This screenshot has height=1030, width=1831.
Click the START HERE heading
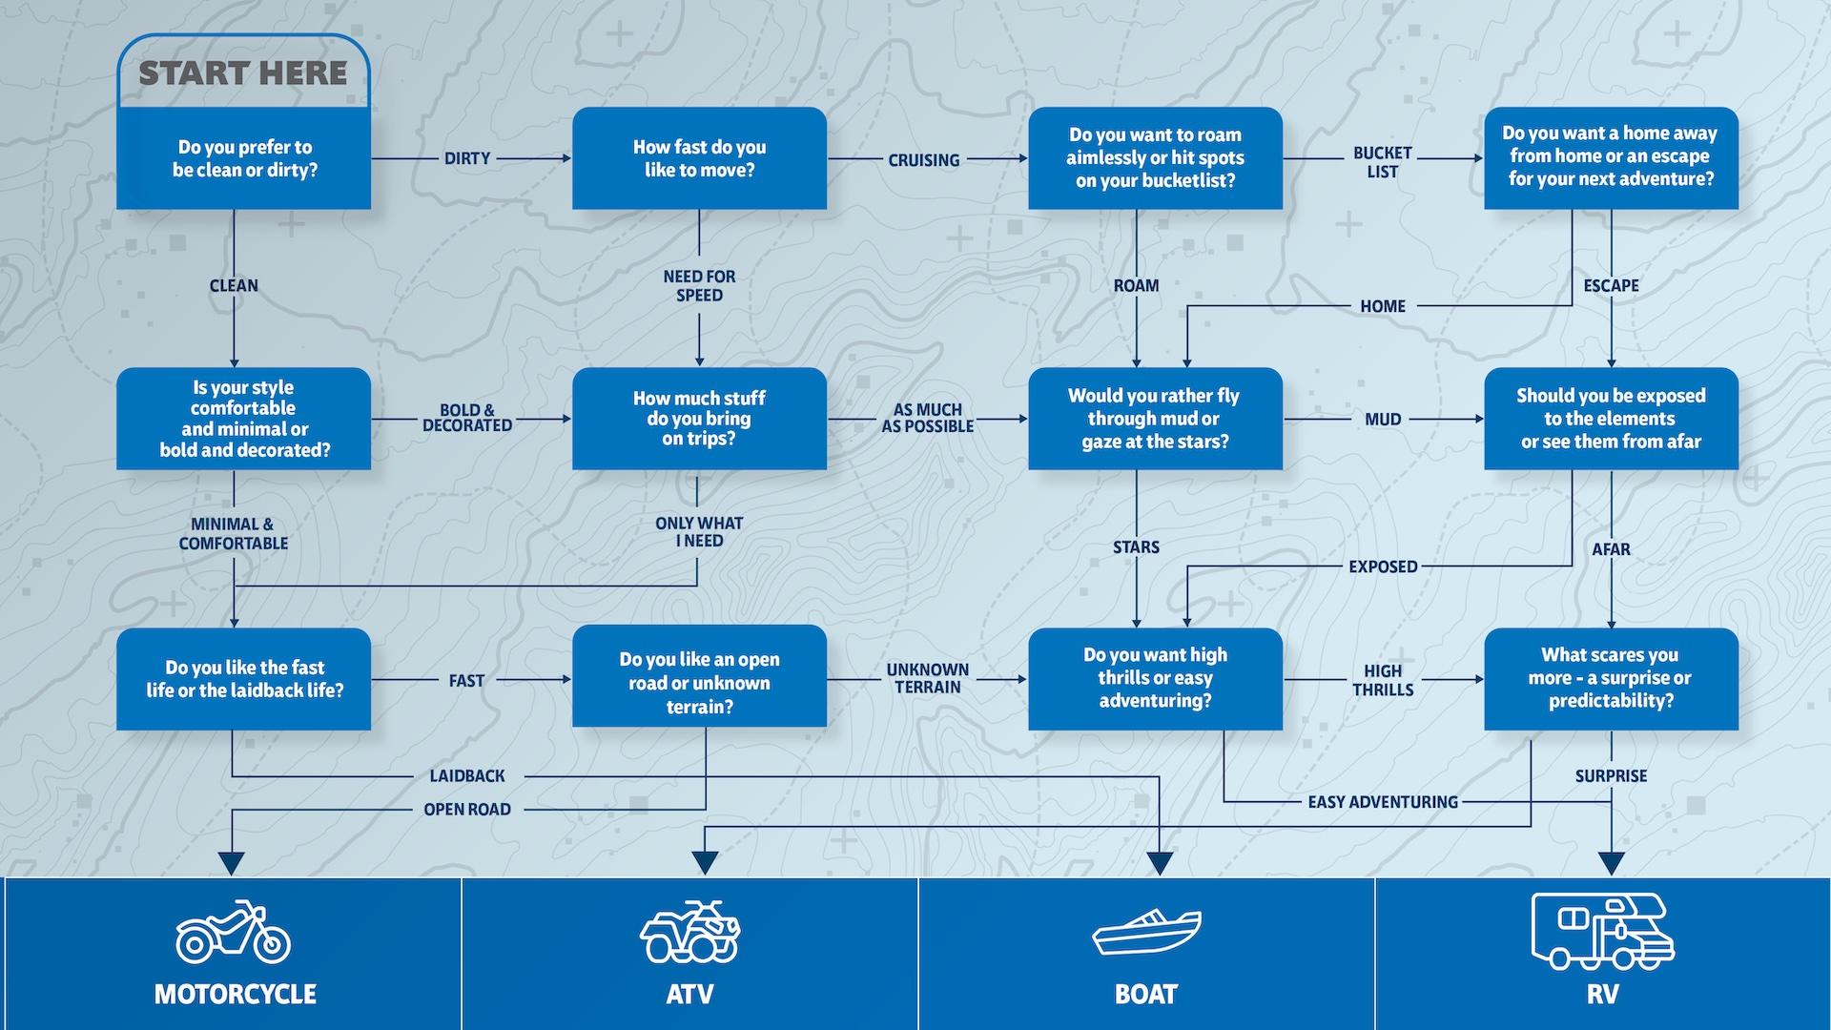tap(243, 73)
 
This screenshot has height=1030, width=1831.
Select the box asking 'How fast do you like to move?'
tap(699, 158)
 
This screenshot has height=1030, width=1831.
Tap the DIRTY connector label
tap(466, 158)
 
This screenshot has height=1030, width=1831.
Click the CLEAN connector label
tap(234, 285)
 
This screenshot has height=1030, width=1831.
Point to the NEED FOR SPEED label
tap(699, 285)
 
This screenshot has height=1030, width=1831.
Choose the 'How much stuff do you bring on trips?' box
tap(699, 419)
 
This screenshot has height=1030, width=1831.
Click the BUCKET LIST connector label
tap(1382, 162)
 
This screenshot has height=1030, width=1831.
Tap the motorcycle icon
tap(233, 932)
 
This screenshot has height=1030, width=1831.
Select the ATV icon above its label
tap(689, 932)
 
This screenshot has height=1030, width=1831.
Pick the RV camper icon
tap(1602, 931)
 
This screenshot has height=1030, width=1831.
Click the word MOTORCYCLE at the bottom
tap(235, 994)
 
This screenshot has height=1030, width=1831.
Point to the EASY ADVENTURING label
tap(1382, 802)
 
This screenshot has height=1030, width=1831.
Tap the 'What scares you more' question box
tap(1611, 678)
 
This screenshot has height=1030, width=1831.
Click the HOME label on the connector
tap(1382, 306)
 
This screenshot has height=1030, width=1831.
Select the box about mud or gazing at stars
tap(1155, 419)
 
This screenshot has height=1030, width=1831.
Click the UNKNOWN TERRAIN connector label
tap(927, 678)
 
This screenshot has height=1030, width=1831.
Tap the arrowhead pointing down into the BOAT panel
tap(1160, 863)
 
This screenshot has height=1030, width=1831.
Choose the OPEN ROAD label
tap(466, 809)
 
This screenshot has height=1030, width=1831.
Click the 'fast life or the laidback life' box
tap(243, 678)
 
